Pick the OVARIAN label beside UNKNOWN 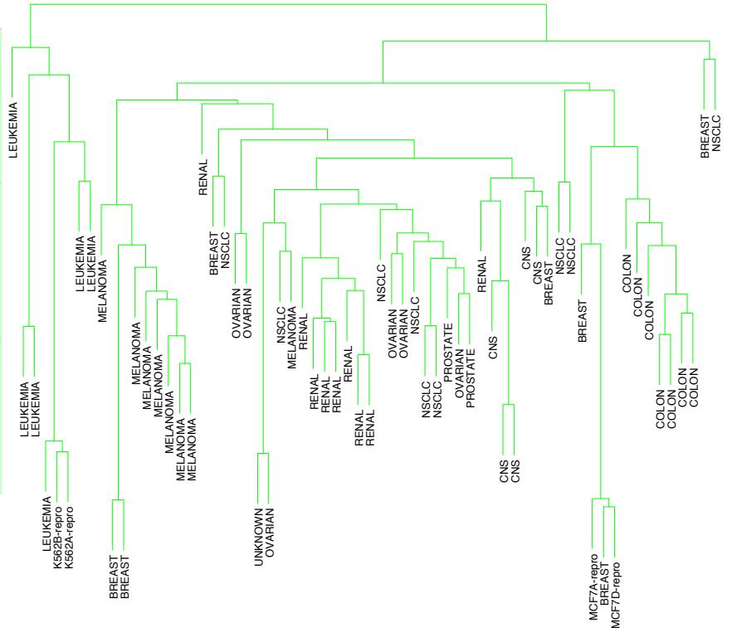point(270,537)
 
